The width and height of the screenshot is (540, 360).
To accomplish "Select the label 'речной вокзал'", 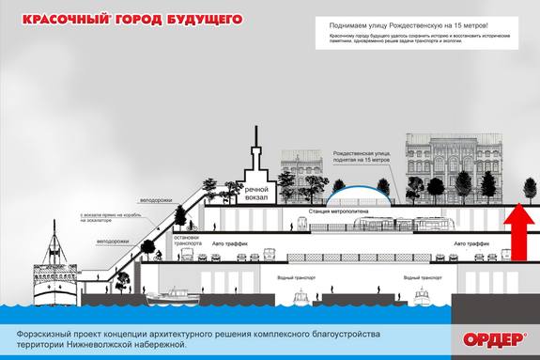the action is pyautogui.click(x=258, y=182).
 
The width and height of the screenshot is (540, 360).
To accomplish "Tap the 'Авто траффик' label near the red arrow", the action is pyautogui.click(x=471, y=243).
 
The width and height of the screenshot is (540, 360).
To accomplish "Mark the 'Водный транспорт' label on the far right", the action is pyautogui.click(x=423, y=278).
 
